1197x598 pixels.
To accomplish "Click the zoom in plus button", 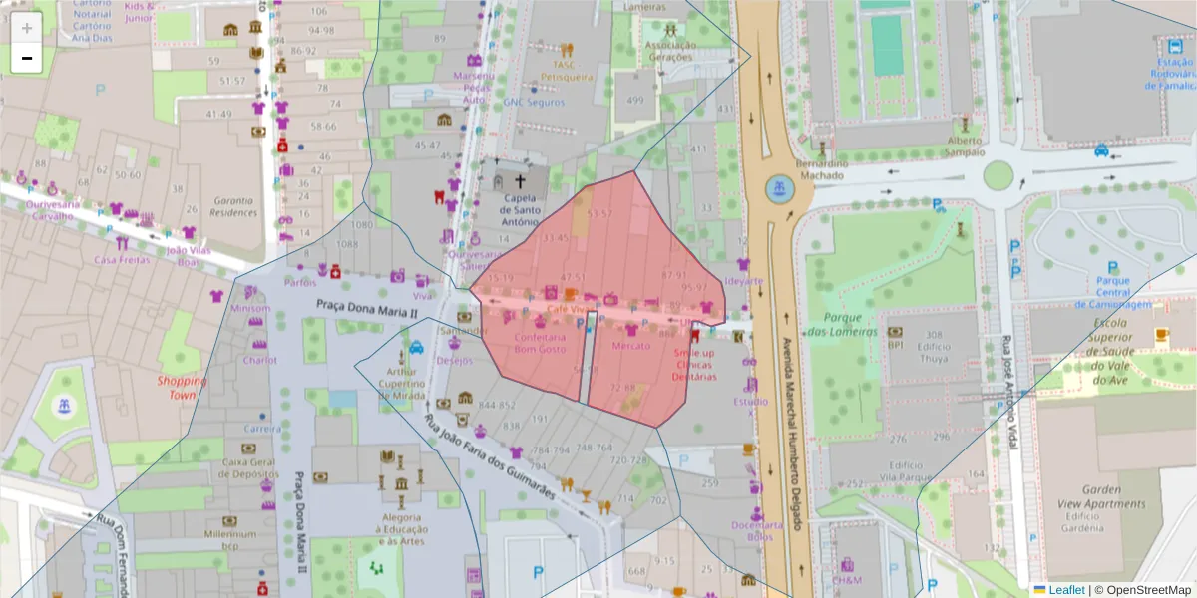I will tap(27, 28).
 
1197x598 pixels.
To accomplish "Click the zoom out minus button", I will tap(27, 58).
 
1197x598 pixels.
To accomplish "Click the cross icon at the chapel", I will tap(520, 182).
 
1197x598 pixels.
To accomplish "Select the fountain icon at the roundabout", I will tap(779, 187).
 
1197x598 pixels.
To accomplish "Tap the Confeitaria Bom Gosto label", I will tap(539, 344).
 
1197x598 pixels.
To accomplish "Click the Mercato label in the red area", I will tap(630, 346).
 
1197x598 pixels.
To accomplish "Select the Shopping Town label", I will tap(182, 388).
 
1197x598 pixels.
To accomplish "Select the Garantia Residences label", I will tap(234, 206).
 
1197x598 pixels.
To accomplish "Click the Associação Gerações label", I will tap(670, 51).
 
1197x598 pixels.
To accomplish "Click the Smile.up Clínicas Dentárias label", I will tap(693, 365).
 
